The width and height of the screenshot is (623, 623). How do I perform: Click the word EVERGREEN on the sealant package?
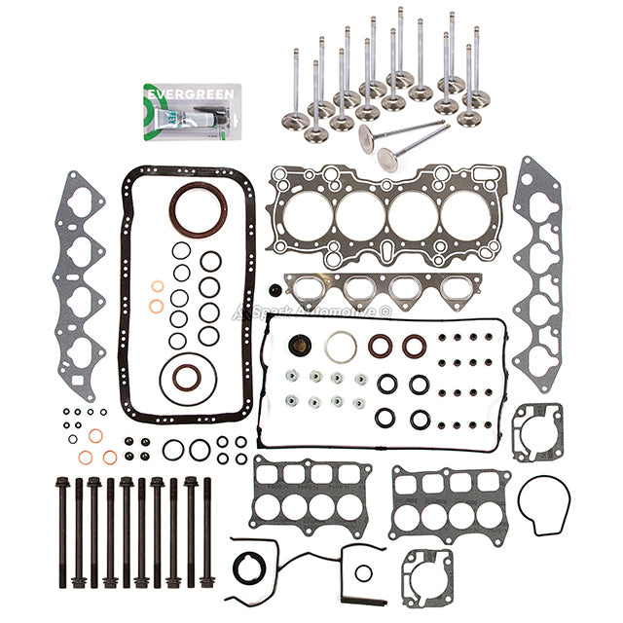point(174,94)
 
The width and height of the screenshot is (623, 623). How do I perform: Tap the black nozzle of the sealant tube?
point(200,124)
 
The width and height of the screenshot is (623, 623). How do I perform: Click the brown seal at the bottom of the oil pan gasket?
point(183,377)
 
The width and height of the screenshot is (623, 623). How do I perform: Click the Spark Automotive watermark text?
point(312,311)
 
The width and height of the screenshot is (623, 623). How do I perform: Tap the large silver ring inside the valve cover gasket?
point(341,346)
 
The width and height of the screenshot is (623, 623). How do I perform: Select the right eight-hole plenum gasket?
point(450,501)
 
